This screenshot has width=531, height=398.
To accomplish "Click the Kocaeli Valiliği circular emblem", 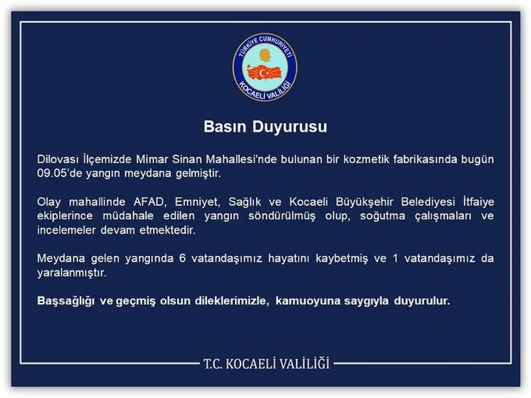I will coord(265,67).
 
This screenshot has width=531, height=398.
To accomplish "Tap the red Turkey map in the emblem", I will coord(264,73).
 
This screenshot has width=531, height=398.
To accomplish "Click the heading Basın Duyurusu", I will coord(265,126).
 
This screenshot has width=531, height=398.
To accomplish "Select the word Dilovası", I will coord(58,159).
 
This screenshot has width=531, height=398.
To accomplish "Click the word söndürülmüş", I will coord(282,216).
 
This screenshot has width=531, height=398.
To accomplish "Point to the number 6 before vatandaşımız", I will coord(182,258).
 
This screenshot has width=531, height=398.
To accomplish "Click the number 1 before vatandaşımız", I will coord(395,258).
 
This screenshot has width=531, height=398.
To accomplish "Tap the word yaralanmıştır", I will coord(71,272).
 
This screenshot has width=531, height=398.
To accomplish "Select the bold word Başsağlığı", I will coord(66,301).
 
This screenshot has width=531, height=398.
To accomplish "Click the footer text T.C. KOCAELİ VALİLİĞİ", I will coord(266,364).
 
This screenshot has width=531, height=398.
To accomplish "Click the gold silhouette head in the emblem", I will coord(265,56).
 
